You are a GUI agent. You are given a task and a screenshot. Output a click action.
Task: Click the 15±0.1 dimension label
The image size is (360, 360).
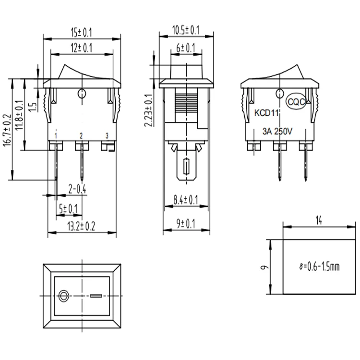pos(82,33)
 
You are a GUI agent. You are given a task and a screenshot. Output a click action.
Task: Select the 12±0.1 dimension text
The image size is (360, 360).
pos(82,48)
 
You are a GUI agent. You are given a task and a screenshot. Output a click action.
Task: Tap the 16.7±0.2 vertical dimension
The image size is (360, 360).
pos(7,130)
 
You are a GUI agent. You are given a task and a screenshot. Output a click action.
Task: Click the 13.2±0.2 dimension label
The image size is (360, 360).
pos(81,227)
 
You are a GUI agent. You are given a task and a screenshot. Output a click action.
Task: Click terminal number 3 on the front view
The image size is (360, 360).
pos(107,136)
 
